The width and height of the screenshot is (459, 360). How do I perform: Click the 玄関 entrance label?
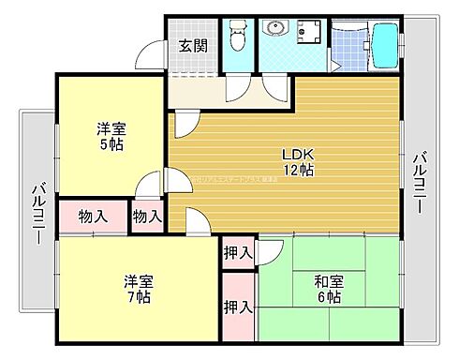click(x=194, y=44)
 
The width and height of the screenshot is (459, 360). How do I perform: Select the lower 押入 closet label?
click(x=238, y=306)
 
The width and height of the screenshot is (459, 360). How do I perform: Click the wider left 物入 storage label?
click(x=93, y=217)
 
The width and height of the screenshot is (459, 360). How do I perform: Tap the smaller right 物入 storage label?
click(x=147, y=217)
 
